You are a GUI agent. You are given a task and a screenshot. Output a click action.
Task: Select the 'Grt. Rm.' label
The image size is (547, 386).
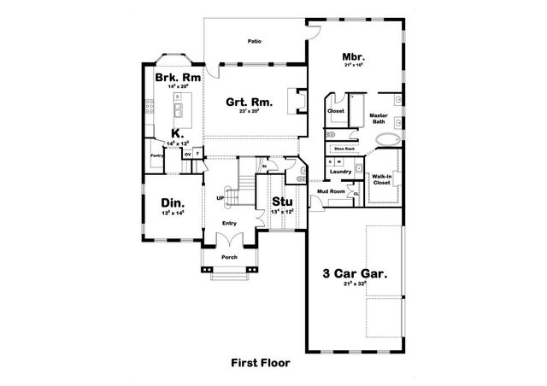250,103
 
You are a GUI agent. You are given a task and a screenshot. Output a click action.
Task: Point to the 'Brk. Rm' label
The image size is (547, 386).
178,77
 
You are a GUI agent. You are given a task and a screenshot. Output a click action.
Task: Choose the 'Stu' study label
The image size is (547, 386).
282,201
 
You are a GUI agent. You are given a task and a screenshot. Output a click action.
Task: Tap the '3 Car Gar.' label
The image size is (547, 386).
355,274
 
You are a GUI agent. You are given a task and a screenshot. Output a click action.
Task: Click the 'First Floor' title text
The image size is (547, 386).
261,362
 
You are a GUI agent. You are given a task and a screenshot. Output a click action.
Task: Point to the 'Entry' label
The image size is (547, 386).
229,223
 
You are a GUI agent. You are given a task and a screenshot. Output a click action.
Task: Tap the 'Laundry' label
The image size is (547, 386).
341,172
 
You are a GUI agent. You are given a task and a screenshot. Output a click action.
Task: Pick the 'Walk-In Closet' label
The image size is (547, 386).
381,179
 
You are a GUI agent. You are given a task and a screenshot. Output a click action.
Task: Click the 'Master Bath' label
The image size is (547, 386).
379,118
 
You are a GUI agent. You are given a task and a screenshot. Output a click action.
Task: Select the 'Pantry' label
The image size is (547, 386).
156,156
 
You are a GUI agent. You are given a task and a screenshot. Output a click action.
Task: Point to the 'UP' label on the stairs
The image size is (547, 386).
221,200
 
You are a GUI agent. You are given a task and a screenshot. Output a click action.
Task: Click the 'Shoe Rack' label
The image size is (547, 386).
344,149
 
